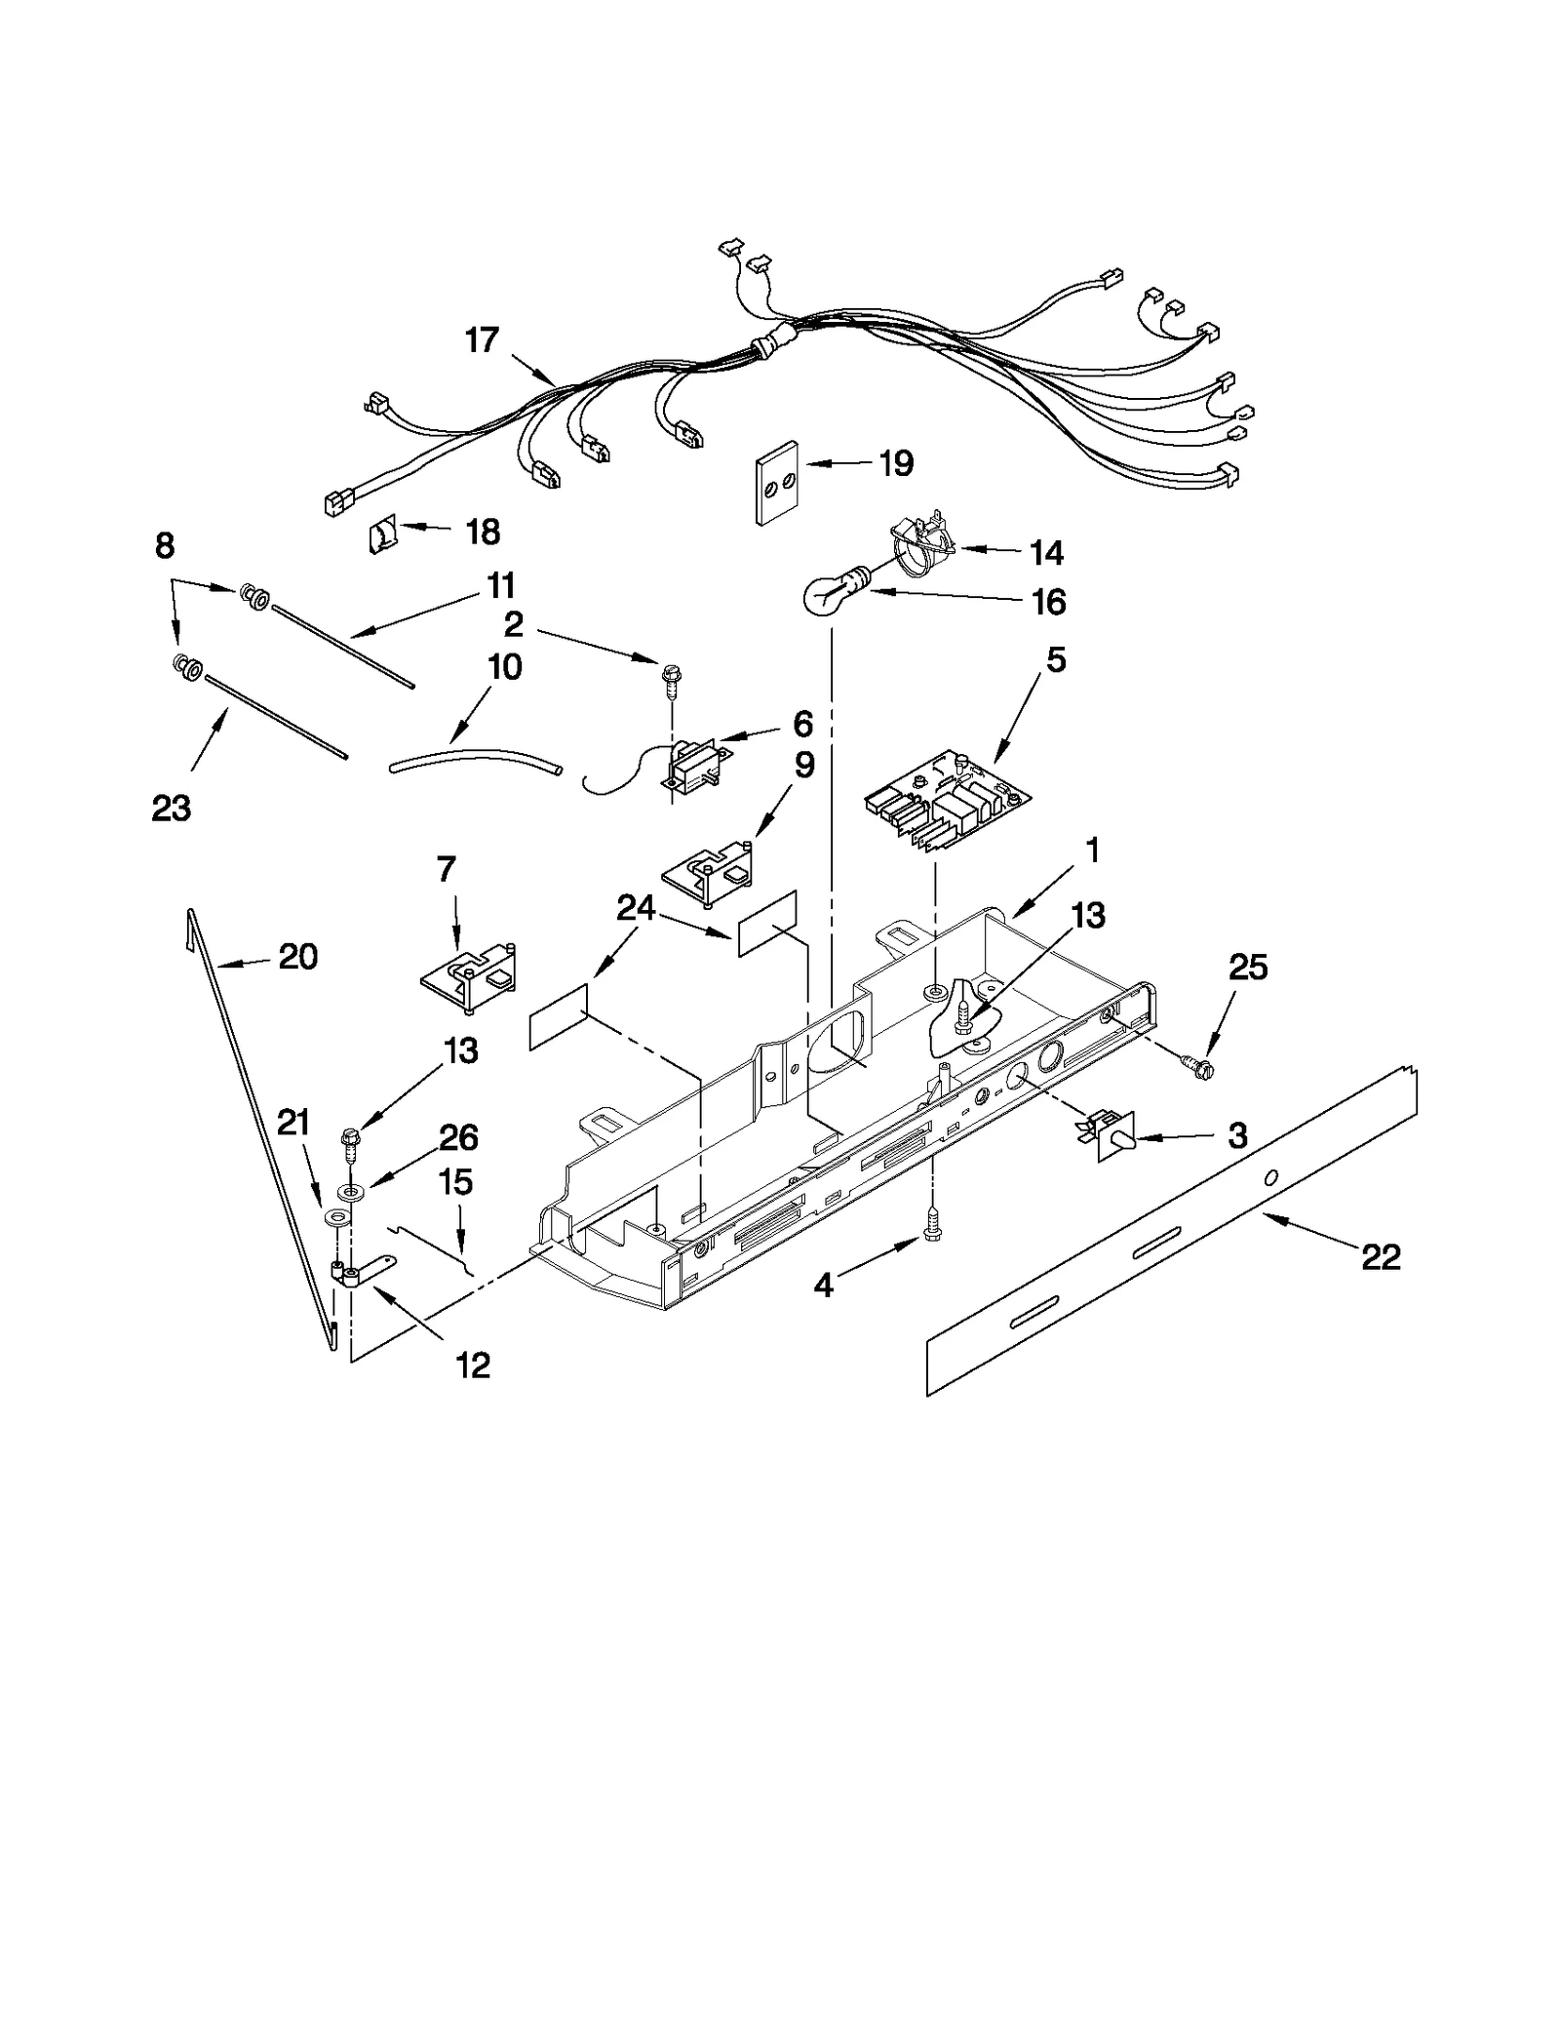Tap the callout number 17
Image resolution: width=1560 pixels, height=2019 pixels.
tap(482, 340)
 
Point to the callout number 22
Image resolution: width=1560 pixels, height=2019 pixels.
tap(1381, 1257)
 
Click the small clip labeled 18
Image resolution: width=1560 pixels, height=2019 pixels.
tap(382, 535)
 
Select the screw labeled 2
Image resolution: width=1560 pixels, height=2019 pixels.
tap(673, 676)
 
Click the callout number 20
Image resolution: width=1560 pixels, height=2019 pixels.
tap(297, 958)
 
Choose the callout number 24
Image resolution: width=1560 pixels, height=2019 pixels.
tap(636, 908)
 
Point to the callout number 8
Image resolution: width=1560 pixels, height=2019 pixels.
tap(165, 546)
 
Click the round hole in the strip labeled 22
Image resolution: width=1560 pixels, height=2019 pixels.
tap(1270, 1179)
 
